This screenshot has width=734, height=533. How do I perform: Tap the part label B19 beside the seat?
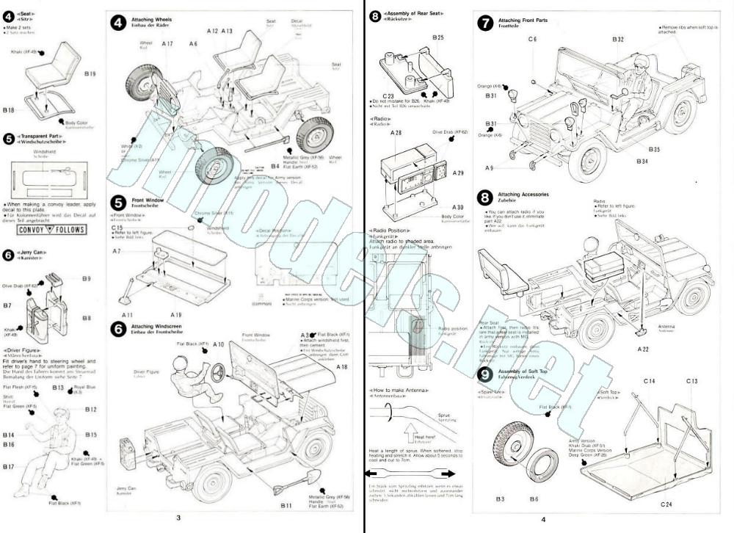[90, 73]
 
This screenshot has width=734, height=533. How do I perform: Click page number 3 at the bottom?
[178, 518]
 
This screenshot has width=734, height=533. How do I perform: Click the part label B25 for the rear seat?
[437, 37]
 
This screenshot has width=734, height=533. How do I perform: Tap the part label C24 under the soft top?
[666, 504]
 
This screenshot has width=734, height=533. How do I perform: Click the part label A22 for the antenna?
[644, 349]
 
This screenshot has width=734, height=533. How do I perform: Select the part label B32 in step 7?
[617, 39]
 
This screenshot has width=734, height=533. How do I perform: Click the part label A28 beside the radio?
[396, 134]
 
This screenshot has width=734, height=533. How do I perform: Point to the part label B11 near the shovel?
[286, 506]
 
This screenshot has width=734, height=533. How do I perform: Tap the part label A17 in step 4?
[167, 44]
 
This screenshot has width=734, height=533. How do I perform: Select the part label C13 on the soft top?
[691, 381]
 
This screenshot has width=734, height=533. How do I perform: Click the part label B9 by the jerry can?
[87, 278]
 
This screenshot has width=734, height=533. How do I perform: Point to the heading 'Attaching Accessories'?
[526, 194]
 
